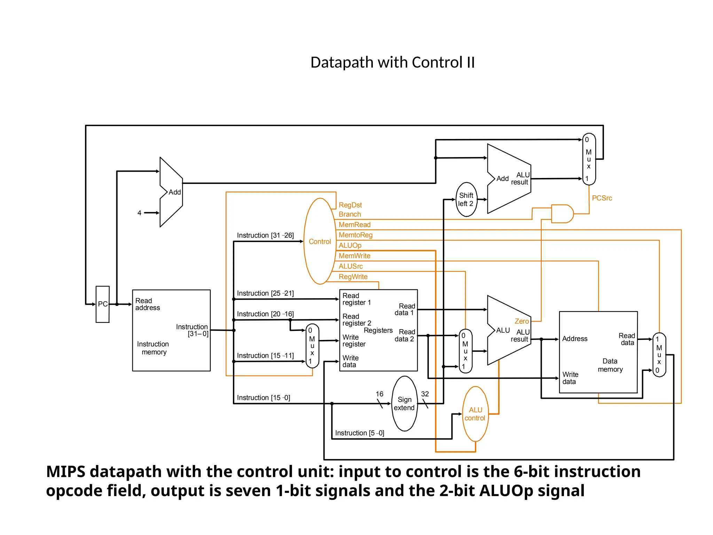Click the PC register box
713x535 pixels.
[102, 304]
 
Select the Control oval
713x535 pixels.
[320, 241]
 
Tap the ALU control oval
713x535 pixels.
[475, 414]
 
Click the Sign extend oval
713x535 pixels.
[404, 404]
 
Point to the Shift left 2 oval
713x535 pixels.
[466, 200]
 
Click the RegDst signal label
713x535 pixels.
[350, 205]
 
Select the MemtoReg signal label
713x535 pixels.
[355, 235]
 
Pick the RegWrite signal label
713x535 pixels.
[353, 277]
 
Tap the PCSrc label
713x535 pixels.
[602, 198]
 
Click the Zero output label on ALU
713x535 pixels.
[522, 321]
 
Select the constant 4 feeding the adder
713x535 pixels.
[139, 213]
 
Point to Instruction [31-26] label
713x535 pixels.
[265, 235]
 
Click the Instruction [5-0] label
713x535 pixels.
[359, 433]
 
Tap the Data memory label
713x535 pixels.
[610, 365]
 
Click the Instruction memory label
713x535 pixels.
[153, 348]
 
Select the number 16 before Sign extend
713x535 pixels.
[379, 394]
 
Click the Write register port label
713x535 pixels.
[354, 341]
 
